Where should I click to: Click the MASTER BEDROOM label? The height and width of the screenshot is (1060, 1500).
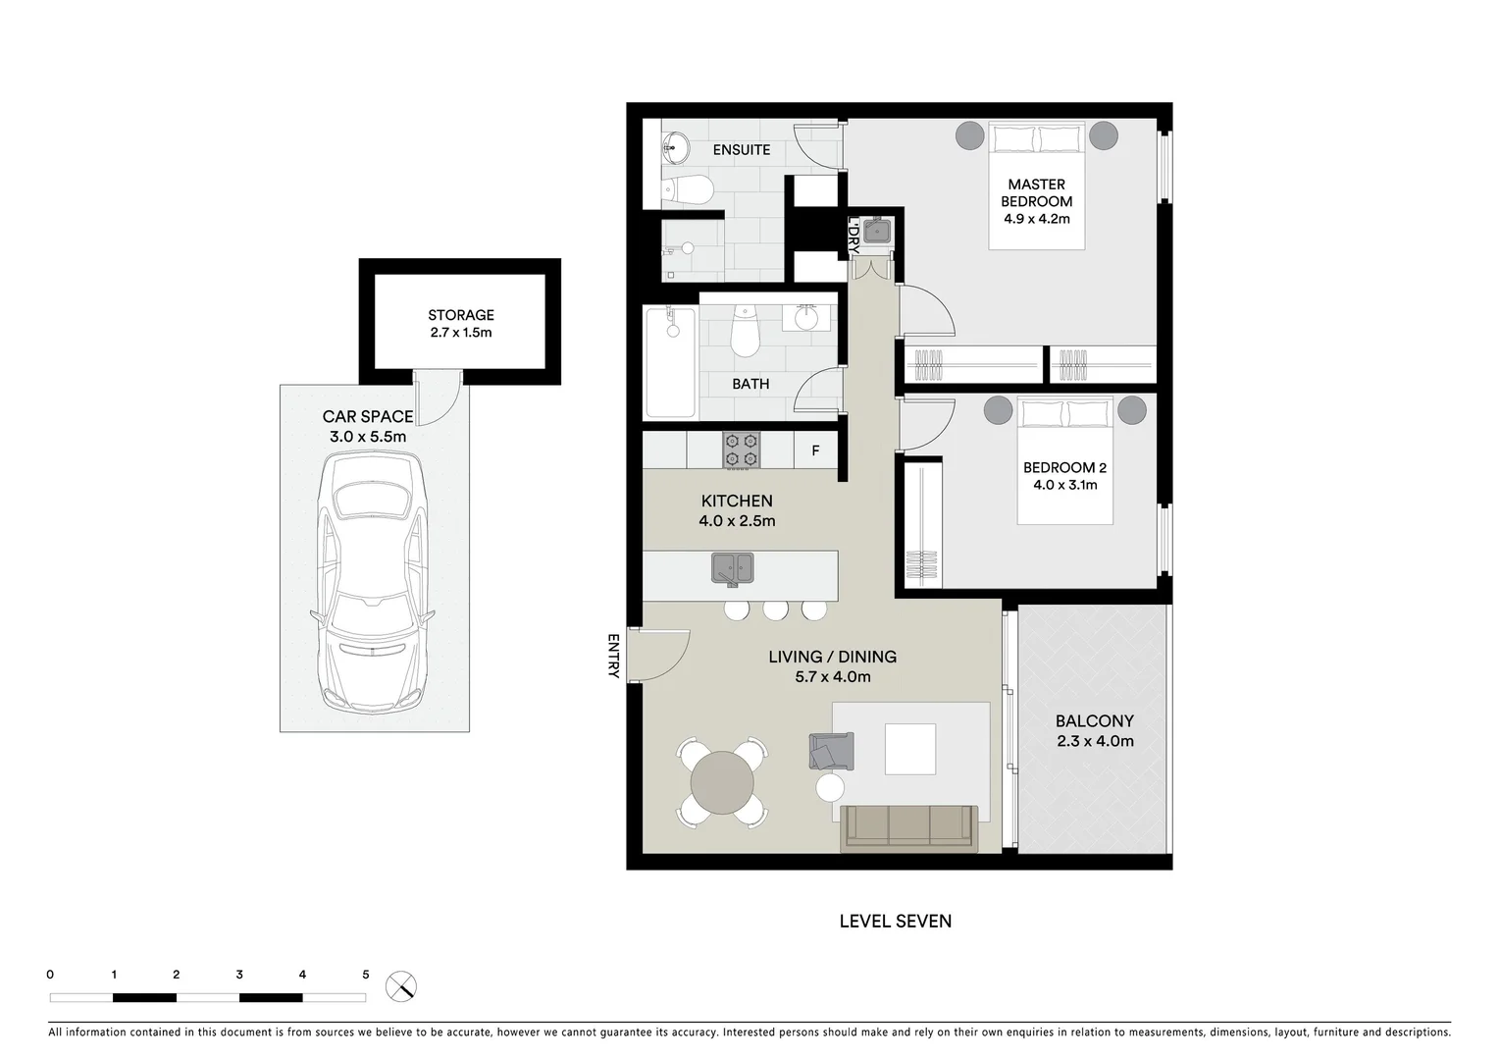point(1036,192)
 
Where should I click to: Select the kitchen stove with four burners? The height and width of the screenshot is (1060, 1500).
point(742,450)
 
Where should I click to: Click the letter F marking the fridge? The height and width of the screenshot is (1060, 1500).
point(815,451)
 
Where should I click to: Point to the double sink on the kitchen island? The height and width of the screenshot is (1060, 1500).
point(732,567)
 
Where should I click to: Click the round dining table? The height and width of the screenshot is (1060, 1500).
point(723,783)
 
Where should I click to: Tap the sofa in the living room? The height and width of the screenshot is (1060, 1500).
point(908,826)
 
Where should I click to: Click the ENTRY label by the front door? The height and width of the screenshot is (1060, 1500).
point(613,656)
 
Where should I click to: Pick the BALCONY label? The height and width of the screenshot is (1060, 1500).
point(1095,720)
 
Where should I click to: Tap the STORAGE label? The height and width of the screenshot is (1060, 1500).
point(460,315)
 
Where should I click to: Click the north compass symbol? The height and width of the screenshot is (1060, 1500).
point(401,986)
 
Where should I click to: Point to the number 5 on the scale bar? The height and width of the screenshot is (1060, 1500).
point(366,975)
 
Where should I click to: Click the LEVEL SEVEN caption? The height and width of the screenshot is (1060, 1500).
point(895,921)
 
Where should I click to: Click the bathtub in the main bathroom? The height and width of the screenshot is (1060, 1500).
point(671,362)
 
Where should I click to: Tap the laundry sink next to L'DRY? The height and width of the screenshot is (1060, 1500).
point(875,231)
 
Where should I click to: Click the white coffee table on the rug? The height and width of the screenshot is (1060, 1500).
point(910,749)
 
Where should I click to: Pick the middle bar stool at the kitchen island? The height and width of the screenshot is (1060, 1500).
point(775,609)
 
